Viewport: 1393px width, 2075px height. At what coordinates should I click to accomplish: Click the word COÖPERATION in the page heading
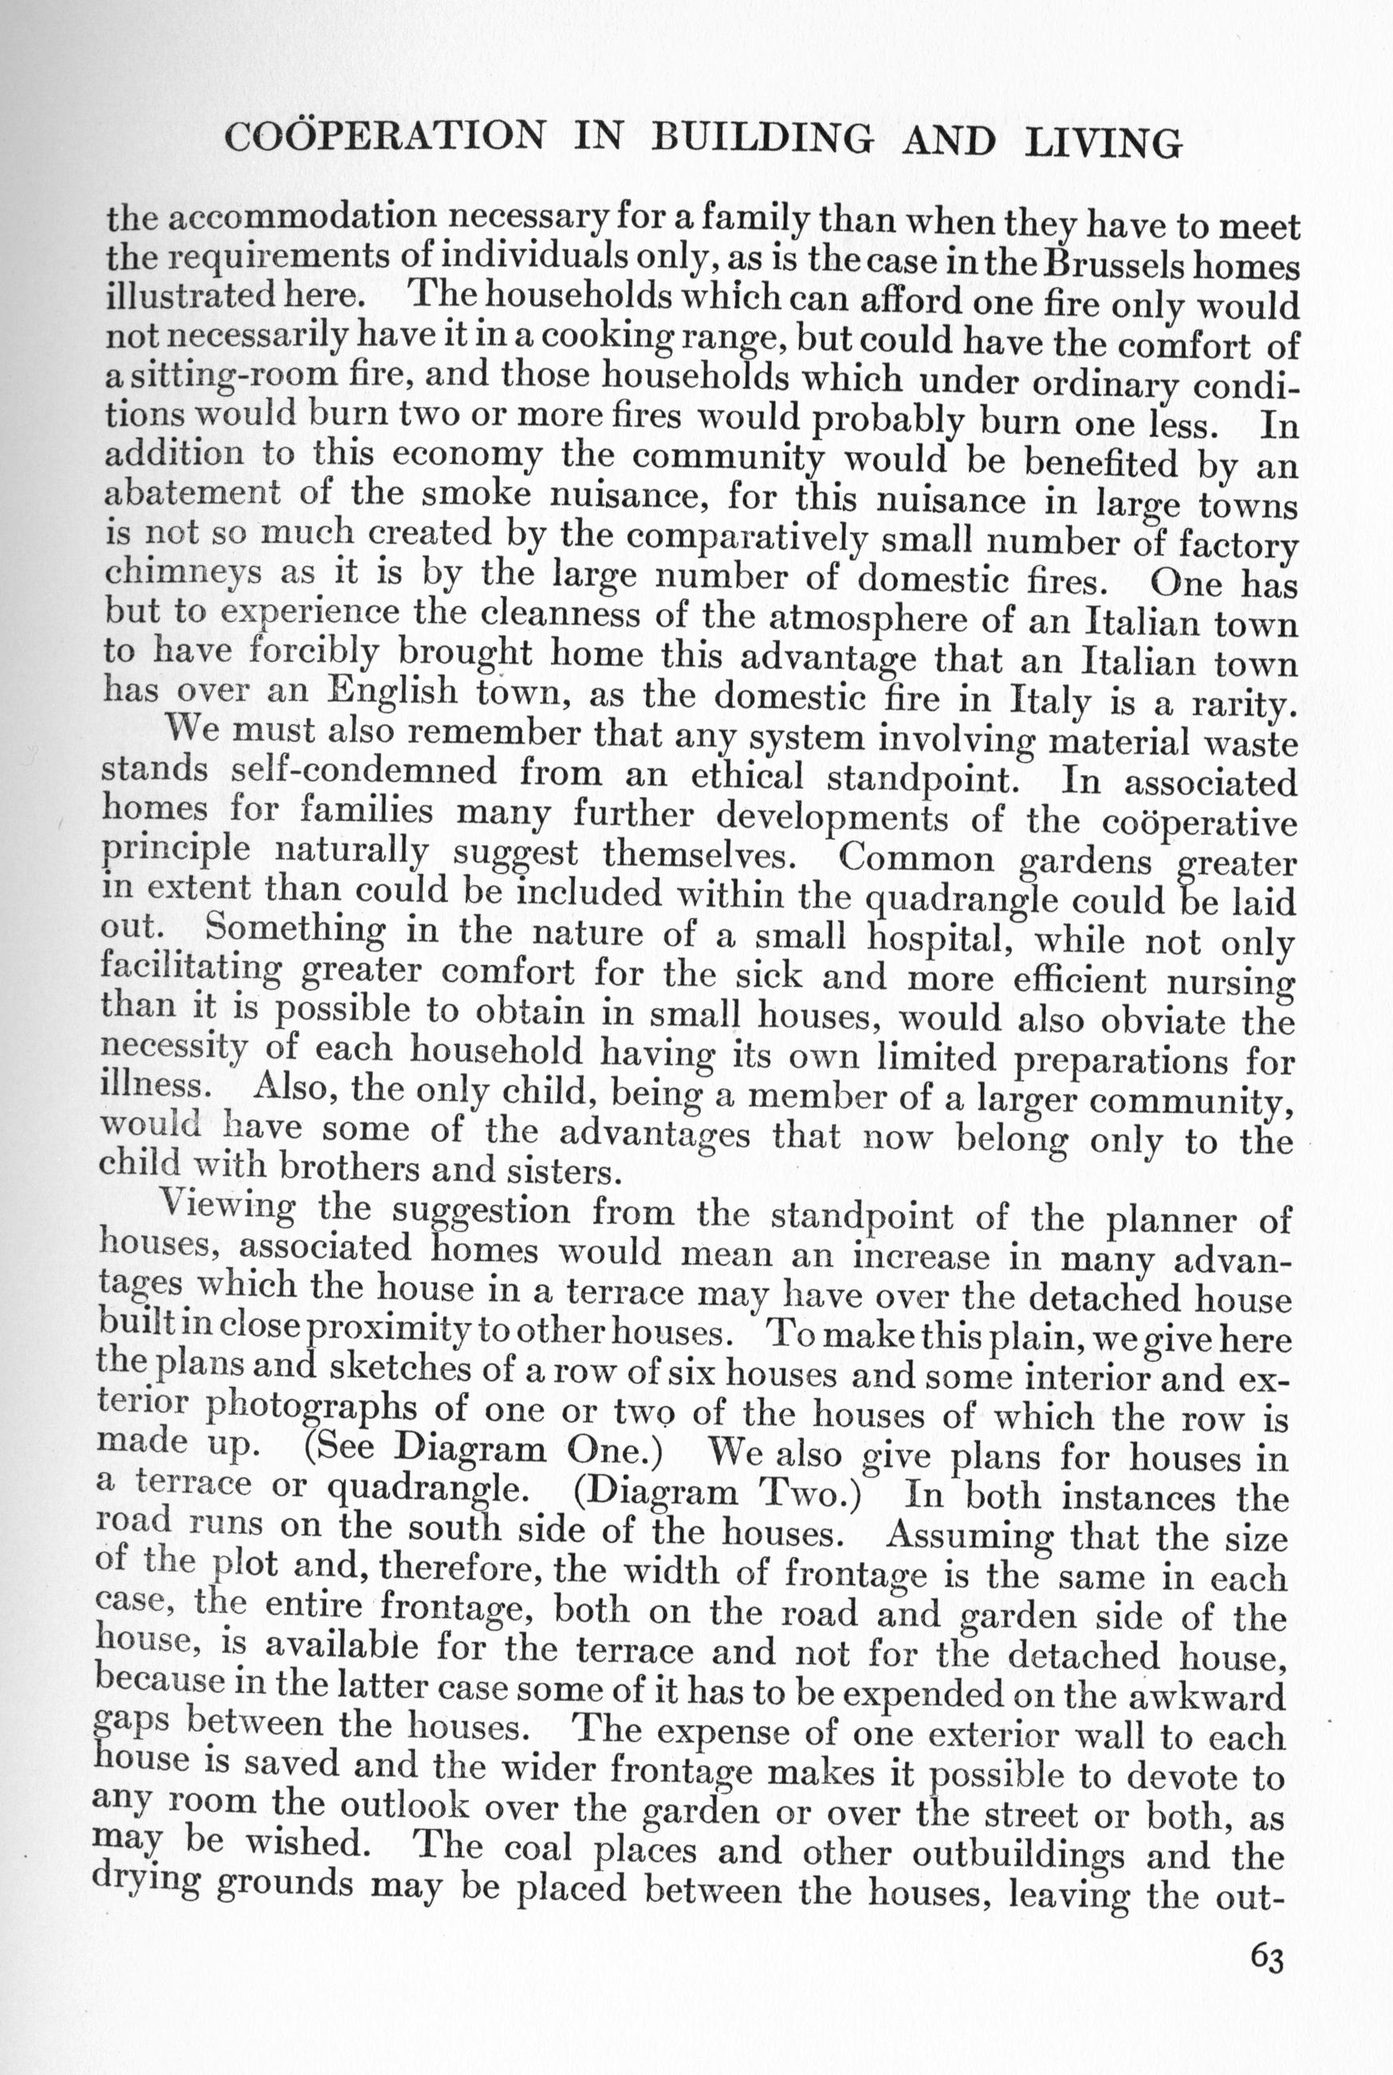point(384,135)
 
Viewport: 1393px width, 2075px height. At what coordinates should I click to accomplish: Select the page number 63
point(1267,1957)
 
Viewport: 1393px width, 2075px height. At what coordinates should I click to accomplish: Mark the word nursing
point(1230,982)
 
